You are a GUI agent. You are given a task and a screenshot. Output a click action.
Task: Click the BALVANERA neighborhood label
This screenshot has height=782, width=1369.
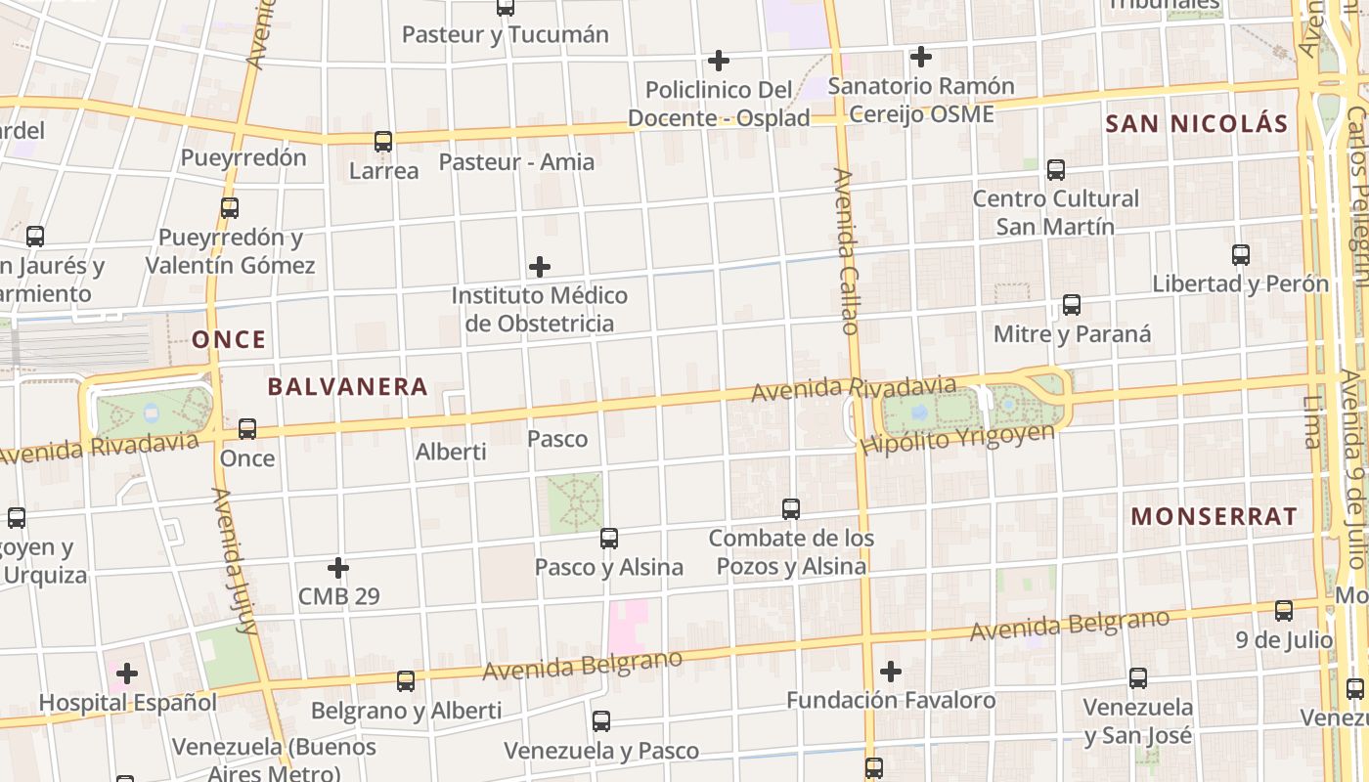tap(347, 387)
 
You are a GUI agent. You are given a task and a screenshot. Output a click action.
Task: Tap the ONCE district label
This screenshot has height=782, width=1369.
tap(229, 340)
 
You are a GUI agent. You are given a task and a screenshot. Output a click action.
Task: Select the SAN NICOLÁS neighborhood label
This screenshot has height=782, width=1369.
tap(1197, 124)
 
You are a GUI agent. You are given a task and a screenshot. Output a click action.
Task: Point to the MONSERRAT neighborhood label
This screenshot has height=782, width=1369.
tap(1214, 517)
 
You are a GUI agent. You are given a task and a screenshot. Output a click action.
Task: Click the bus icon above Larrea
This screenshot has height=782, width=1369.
tap(383, 142)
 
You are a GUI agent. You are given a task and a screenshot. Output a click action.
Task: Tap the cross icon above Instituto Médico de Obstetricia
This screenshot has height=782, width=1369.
tap(539, 267)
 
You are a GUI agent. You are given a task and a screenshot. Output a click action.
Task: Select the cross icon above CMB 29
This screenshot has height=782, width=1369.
tap(338, 568)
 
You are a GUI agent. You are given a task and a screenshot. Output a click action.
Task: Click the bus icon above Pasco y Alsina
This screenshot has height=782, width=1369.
tap(609, 538)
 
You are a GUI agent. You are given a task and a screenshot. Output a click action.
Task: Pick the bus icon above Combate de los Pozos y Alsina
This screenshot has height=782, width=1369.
tap(791, 509)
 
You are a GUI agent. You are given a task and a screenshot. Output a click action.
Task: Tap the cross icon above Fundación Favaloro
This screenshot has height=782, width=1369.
tap(891, 672)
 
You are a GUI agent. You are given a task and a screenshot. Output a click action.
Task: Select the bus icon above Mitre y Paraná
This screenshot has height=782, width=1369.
tap(1072, 305)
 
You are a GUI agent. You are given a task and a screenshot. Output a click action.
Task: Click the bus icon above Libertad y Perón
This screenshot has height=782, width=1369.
tap(1241, 255)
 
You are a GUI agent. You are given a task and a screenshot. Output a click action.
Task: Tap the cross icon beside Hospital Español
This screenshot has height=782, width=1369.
tap(127, 673)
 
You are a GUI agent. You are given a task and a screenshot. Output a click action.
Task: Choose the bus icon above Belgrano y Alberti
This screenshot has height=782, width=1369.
tap(406, 681)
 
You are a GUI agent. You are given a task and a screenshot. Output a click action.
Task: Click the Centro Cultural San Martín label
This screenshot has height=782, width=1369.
tap(1055, 212)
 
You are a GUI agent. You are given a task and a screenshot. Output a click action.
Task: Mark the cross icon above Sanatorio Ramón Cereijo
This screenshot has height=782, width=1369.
tap(920, 57)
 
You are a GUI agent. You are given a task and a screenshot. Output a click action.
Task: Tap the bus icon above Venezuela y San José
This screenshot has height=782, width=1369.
tap(1138, 678)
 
